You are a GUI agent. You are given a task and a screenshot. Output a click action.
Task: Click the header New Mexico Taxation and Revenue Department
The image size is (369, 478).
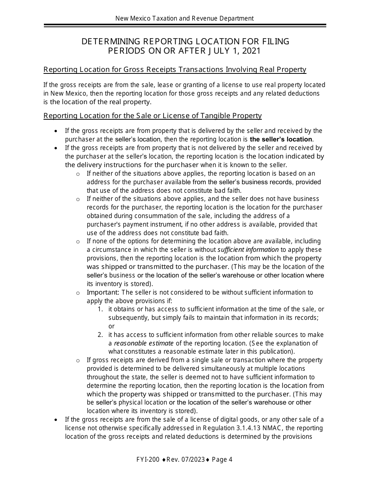pos(184,18)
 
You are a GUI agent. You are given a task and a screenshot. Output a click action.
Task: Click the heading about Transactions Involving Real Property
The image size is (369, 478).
pos(175,70)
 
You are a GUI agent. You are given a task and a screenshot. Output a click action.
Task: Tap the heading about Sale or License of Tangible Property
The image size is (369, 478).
pos(153,116)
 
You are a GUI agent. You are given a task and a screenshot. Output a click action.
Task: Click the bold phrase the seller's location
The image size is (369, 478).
pos(281,139)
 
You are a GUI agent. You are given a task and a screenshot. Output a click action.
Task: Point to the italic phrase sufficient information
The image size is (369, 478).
pos(248,249)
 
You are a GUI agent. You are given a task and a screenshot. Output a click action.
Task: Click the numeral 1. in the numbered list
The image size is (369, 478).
pos(100,309)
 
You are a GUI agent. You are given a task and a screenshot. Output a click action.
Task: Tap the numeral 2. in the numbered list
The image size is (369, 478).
pos(100,335)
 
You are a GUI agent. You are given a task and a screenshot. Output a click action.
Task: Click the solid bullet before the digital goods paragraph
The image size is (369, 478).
pos(57,420)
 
